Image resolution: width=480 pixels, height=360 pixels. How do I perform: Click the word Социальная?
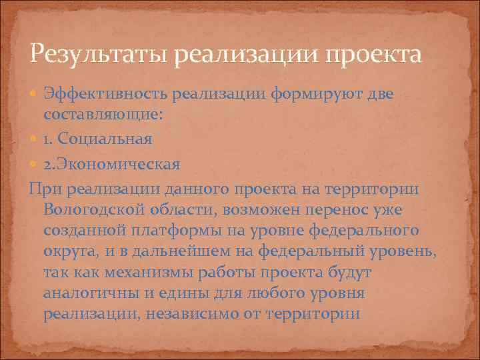[106, 139]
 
